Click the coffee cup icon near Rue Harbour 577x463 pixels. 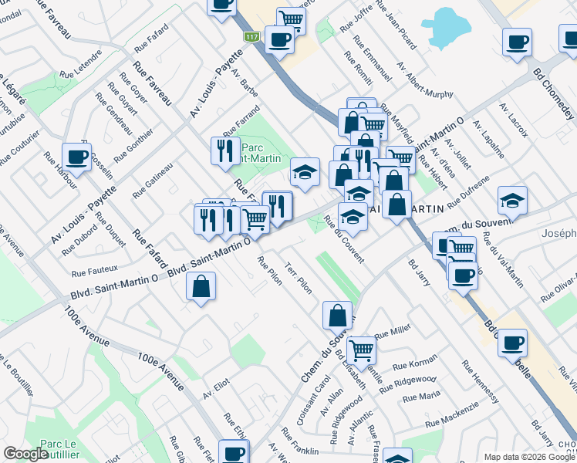point(77,157)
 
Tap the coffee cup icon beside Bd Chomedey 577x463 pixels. point(516,42)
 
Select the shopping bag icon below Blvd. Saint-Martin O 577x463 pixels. point(201,287)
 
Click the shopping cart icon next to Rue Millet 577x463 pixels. point(360,350)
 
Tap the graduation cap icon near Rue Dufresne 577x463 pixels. point(512,201)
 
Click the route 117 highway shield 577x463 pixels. point(251,36)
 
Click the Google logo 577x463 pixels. point(25,454)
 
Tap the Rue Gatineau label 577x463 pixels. point(153,180)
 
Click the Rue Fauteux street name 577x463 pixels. point(94,271)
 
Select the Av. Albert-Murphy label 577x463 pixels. point(424,79)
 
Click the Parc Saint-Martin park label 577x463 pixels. point(259,154)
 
